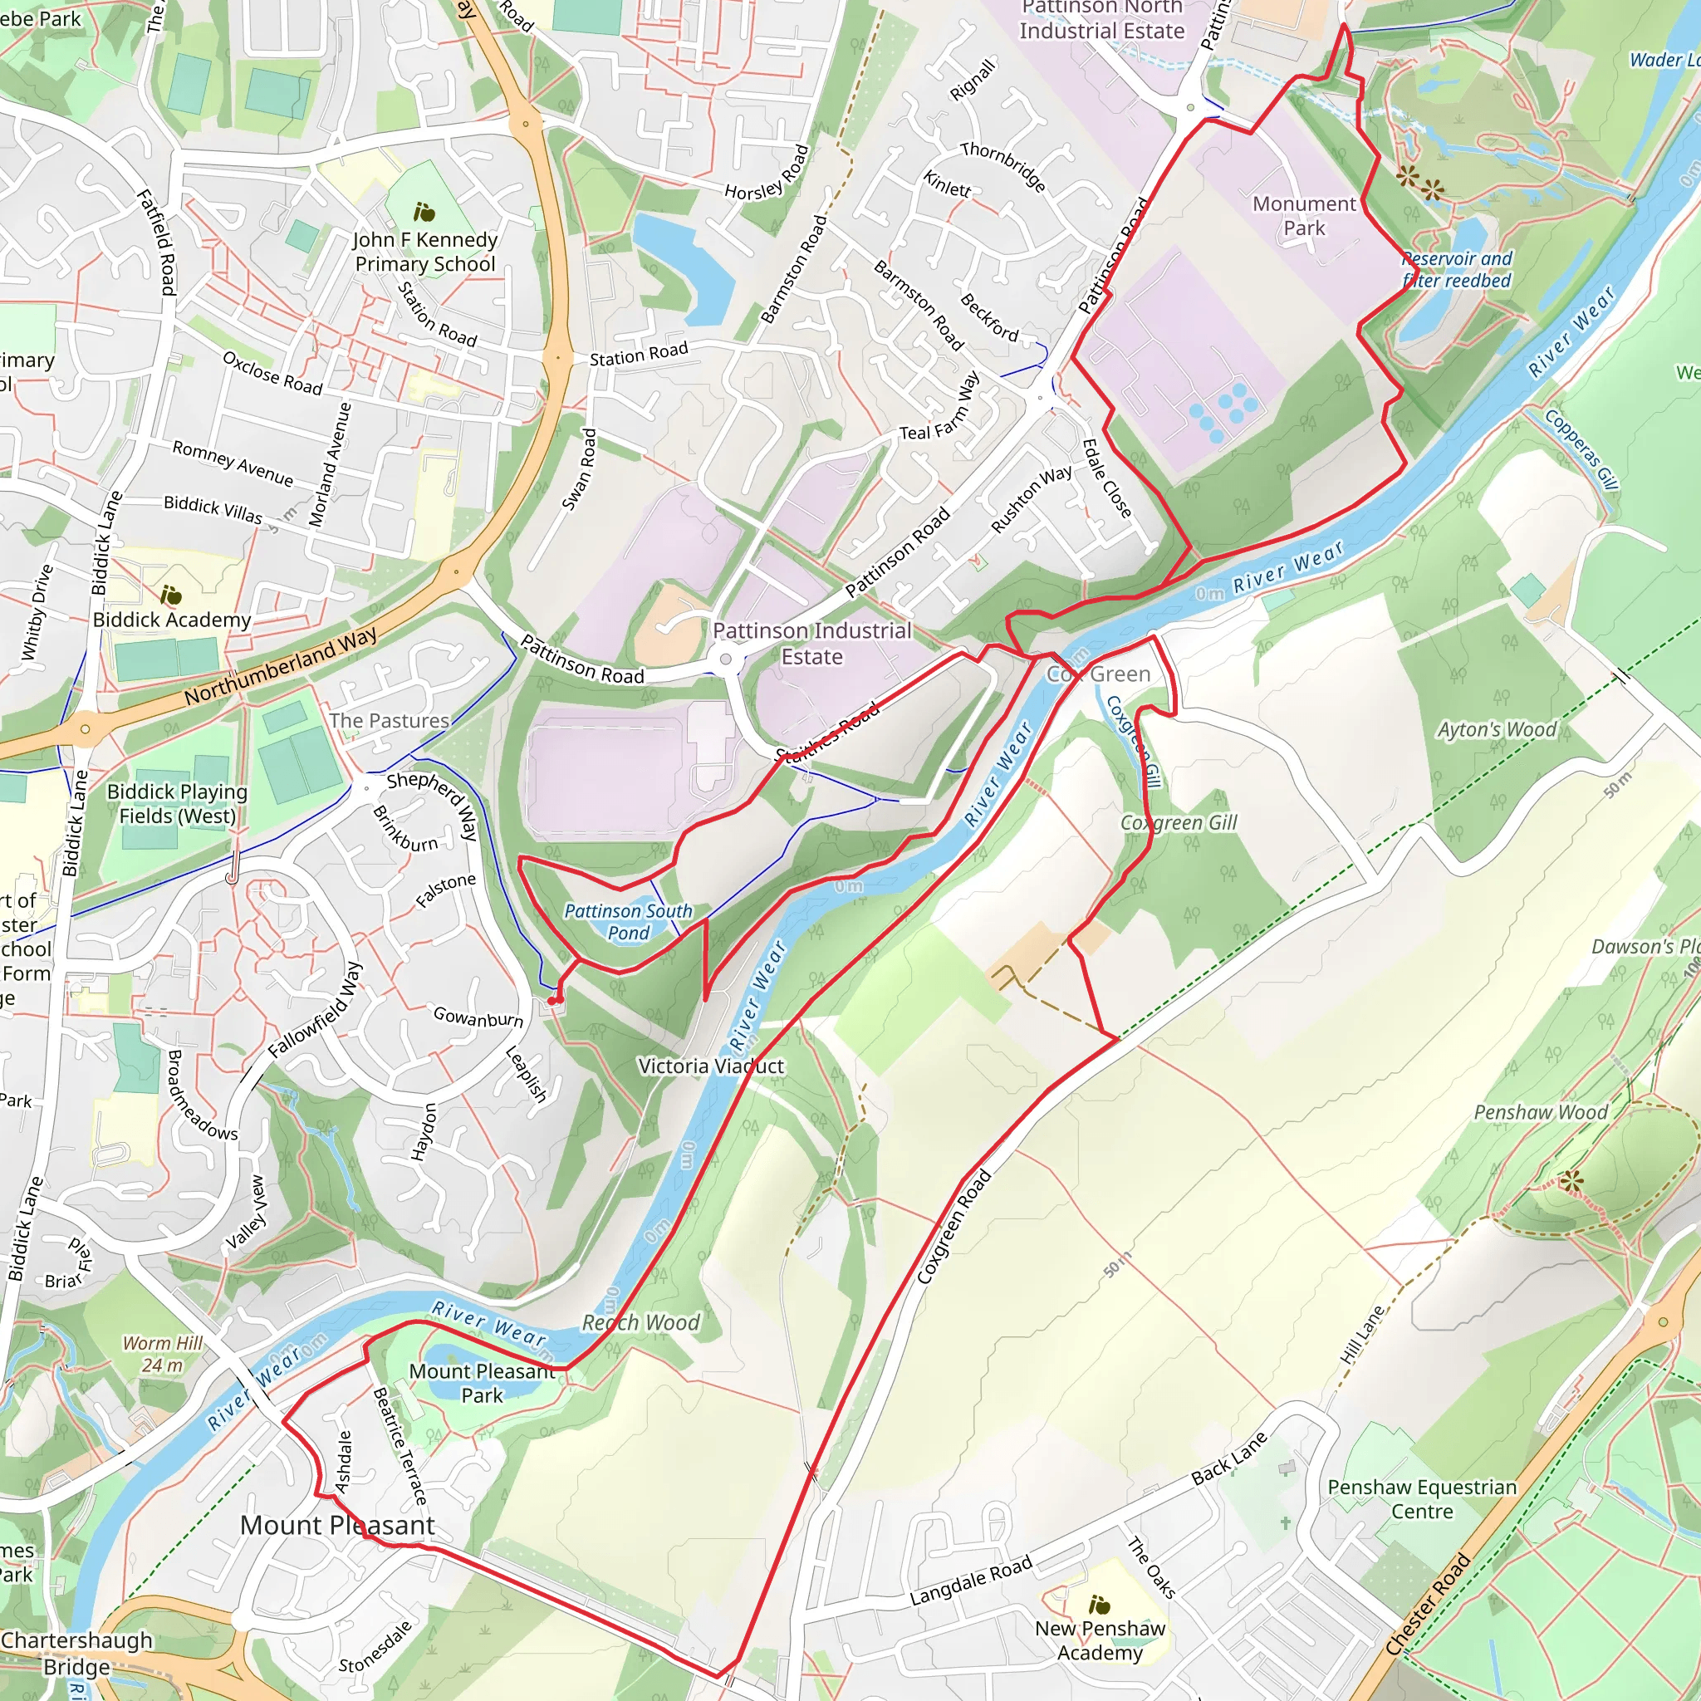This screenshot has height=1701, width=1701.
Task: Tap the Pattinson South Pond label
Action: [628, 922]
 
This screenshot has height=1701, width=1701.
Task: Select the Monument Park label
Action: [1303, 216]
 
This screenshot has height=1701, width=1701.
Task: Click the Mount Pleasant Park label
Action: [482, 1383]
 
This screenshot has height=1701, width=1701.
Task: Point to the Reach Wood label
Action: [641, 1322]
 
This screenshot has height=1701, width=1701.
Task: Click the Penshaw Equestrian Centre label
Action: [1422, 1498]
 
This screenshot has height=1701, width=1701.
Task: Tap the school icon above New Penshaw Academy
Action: [1099, 1603]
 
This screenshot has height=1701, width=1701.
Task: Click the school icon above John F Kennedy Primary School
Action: [424, 212]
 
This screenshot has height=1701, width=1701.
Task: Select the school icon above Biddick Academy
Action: [171, 596]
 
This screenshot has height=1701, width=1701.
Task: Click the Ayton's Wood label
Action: [1497, 729]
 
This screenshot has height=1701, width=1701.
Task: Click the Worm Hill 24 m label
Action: [163, 1354]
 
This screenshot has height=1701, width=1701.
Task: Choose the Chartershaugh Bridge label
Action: [76, 1654]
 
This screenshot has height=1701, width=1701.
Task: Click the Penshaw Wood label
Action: [1540, 1112]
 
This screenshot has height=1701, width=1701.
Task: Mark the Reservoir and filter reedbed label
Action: [1457, 269]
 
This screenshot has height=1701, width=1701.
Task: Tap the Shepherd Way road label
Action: [431, 805]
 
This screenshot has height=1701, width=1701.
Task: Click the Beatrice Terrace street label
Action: [400, 1446]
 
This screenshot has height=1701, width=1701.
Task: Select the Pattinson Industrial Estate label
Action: [811, 644]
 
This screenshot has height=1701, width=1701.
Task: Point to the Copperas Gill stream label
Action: [1582, 449]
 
